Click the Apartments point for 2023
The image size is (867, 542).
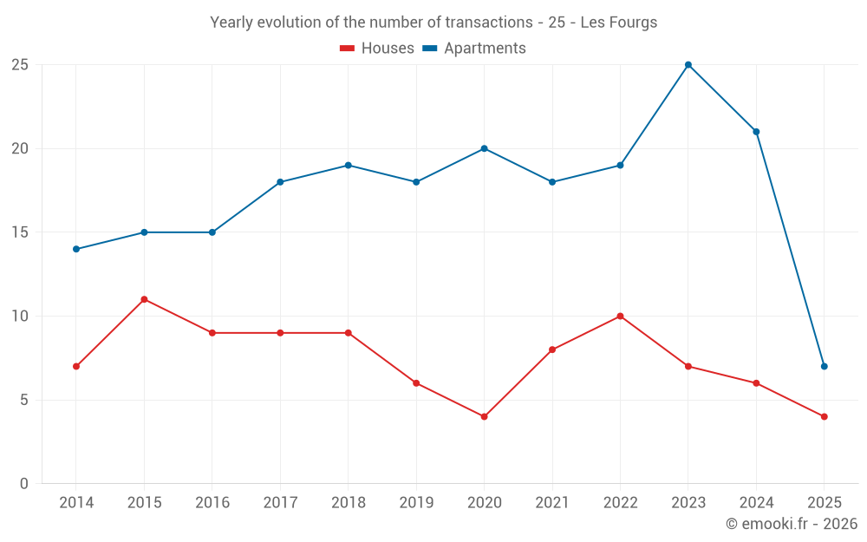[x=688, y=65]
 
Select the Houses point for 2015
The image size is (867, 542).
[x=144, y=299]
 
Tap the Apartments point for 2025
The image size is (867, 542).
[x=824, y=366]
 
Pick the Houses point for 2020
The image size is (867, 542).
[x=484, y=416]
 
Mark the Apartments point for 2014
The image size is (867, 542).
[x=76, y=249]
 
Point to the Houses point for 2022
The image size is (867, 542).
[x=620, y=316]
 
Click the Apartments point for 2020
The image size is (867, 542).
[x=484, y=148]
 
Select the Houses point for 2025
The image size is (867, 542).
[x=824, y=416]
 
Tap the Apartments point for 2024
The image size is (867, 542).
[x=756, y=132]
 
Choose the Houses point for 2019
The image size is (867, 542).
[x=416, y=383]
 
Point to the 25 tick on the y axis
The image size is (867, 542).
[x=20, y=65]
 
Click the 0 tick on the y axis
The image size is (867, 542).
[x=24, y=484]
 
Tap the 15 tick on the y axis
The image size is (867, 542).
[x=20, y=232]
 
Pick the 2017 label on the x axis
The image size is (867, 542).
[x=280, y=503]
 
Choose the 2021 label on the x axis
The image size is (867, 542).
[x=552, y=503]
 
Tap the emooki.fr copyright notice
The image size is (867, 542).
[x=792, y=524]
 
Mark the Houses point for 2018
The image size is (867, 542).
[x=348, y=333]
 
